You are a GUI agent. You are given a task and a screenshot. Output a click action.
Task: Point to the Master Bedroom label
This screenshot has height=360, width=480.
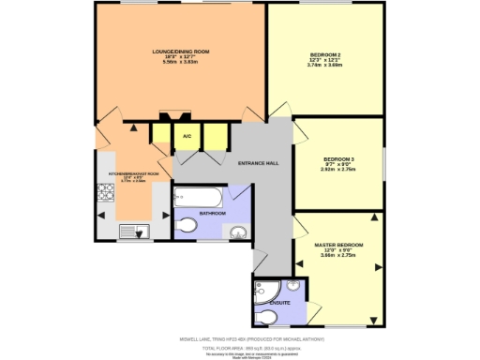click(x=338, y=245)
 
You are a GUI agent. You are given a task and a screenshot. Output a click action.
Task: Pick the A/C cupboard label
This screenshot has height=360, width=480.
click(x=187, y=137)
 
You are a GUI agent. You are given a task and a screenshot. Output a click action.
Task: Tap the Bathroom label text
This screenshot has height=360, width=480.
click(x=212, y=214)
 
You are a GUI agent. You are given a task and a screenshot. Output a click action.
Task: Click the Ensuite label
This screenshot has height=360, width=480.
click(x=279, y=303)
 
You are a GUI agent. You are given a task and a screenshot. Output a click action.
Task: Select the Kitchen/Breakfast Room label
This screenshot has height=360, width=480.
click(x=133, y=173)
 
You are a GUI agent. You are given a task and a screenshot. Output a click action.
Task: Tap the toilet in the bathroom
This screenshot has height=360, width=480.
click(x=187, y=225)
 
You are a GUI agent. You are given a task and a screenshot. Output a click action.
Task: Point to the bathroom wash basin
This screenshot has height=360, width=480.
click(x=238, y=232)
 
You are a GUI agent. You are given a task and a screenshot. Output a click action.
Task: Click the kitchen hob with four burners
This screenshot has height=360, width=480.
click(x=105, y=195)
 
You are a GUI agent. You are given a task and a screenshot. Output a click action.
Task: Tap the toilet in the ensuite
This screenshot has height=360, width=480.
click(x=262, y=313)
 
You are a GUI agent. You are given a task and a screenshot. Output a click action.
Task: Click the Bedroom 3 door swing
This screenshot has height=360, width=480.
click(x=305, y=134)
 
